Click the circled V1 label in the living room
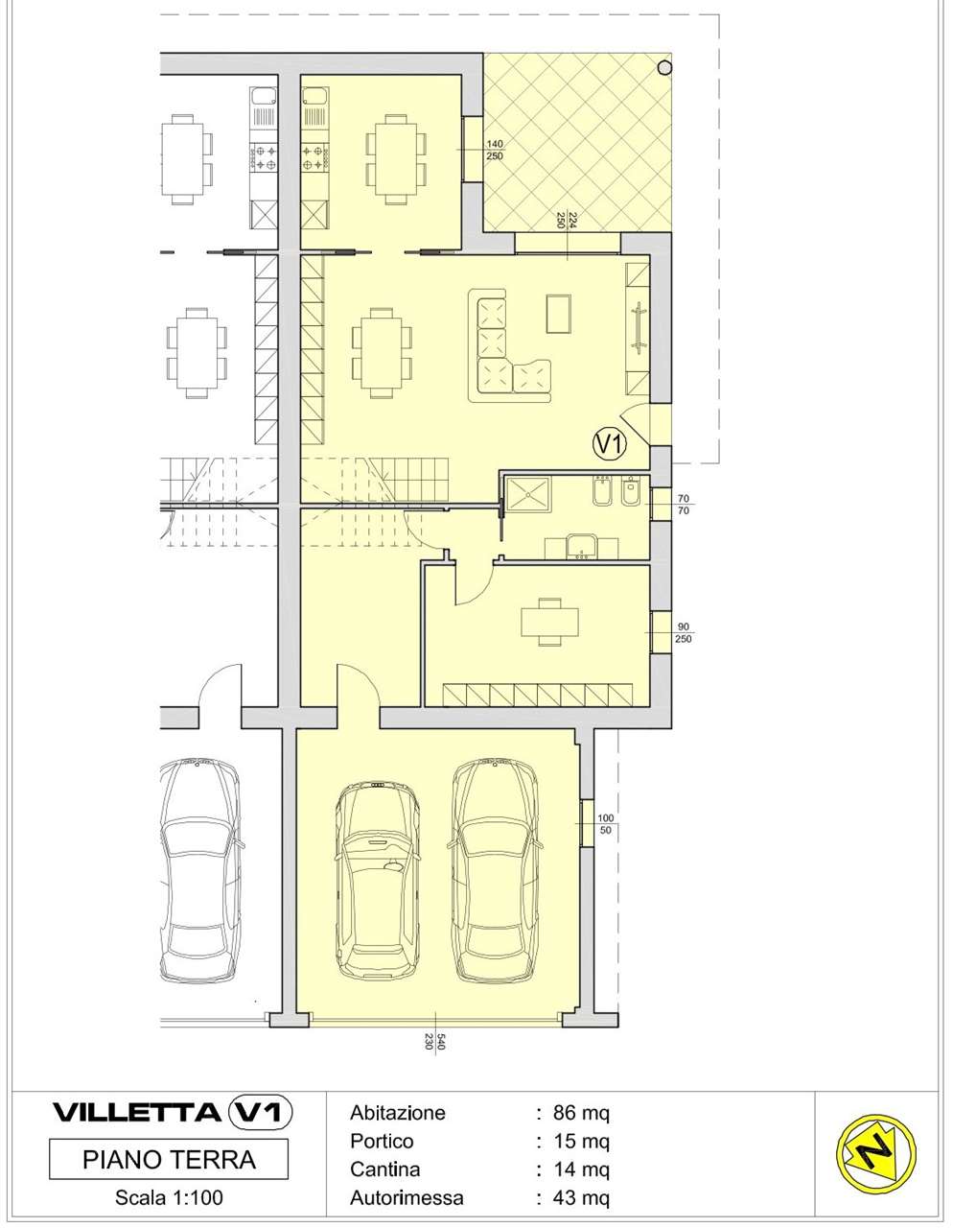610,443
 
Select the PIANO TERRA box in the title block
168,1160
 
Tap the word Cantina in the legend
385,1169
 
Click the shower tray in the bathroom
528,494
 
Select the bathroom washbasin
581,547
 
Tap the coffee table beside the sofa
558,313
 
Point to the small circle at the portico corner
665,68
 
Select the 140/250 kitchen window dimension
495,150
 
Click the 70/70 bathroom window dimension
684,505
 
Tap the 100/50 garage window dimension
605,824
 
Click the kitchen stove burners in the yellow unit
315,157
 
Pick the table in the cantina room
549,623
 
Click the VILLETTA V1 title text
173,1112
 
